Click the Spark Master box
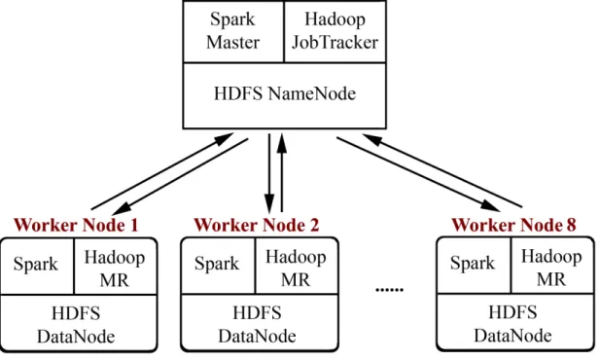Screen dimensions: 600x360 (233, 31)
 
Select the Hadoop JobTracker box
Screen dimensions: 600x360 (335, 31)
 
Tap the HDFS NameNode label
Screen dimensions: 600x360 (285, 93)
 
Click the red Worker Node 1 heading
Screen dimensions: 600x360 (76, 225)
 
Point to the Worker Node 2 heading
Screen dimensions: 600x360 (257, 225)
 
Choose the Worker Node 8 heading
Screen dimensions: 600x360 (513, 225)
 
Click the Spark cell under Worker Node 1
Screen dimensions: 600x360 (37, 267)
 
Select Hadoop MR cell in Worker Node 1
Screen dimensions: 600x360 (115, 267)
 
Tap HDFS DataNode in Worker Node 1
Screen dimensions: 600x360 (79, 323)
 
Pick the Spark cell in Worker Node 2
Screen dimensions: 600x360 (218, 266)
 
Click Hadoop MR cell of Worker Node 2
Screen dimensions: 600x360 (297, 266)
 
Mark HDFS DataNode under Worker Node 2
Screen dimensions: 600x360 (260, 322)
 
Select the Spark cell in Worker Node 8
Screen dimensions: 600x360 (474, 265)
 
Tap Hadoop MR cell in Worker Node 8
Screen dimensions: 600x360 (552, 265)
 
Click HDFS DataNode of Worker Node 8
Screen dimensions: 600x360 (515, 322)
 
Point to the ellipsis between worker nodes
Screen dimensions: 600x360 (390, 290)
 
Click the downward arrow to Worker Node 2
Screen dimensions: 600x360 (269, 173)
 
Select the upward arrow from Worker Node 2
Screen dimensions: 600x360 (282, 172)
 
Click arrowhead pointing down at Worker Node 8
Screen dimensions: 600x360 (490, 205)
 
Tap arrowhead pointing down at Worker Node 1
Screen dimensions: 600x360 (122, 209)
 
